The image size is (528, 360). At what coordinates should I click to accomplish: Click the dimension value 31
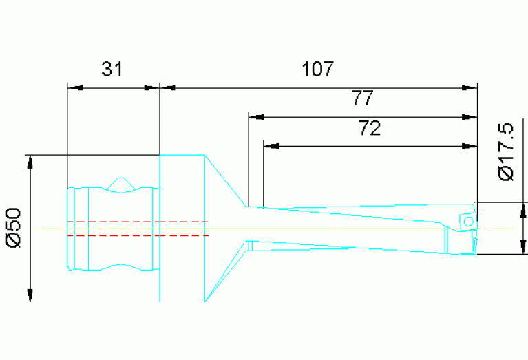pos(112,70)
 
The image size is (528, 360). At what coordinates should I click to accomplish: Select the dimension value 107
pos(317,70)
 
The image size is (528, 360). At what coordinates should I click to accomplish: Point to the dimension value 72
pos(370,129)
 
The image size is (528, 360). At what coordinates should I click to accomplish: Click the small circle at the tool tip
pos(468,221)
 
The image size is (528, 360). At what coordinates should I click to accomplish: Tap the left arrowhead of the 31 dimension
pos(74,87)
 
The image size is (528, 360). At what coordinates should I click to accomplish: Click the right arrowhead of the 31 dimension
pos(151,87)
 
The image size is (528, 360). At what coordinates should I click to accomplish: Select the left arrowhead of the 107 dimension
pos(167,87)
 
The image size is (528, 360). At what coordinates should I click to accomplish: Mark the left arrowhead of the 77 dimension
pos(255,116)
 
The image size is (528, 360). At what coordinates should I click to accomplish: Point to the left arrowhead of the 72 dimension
pos(271,146)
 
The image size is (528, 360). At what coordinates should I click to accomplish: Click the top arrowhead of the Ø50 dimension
pos(30,162)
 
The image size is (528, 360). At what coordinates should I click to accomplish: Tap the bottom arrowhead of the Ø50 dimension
pos(30,294)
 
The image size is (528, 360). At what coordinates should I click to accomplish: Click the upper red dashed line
pos(138,222)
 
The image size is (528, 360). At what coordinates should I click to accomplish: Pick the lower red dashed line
pos(138,235)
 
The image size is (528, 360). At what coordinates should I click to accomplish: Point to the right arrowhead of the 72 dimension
pos(469,146)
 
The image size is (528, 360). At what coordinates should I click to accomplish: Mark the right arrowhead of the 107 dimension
pos(469,87)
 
